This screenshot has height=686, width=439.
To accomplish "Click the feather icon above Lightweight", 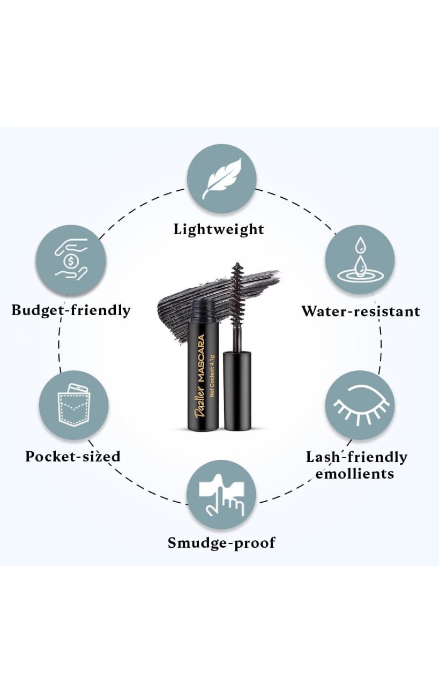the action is [221, 178].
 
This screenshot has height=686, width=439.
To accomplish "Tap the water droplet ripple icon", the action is [360, 260].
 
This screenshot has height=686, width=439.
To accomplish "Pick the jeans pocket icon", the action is [73, 405].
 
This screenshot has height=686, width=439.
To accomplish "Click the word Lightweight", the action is [219, 229].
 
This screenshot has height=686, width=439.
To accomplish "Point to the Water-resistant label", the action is [361, 311].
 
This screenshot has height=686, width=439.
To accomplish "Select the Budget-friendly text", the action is [71, 310].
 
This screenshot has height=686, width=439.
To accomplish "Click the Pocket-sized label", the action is [73, 456].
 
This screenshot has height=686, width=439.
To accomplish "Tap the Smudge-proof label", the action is [221, 543].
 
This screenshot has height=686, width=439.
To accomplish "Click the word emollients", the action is [355, 474].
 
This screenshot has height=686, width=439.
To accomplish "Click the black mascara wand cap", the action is [237, 390].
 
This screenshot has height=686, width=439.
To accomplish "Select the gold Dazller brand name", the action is [201, 401].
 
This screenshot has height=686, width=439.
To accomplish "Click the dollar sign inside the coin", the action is [71, 262].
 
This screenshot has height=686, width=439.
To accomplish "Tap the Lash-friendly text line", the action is [357, 458].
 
